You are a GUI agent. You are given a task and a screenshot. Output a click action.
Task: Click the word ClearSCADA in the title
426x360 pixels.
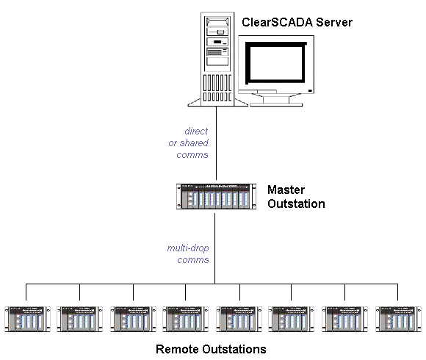pos(277,22)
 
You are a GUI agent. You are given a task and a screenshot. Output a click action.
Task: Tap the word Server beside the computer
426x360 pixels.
pos(334,22)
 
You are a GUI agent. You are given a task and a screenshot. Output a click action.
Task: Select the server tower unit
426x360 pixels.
pos(217,59)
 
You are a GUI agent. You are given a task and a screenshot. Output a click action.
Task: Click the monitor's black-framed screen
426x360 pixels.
pos(276,63)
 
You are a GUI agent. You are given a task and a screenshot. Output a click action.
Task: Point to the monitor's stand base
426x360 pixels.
pos(276,104)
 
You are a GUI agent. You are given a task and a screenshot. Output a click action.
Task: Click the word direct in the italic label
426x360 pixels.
pos(196,132)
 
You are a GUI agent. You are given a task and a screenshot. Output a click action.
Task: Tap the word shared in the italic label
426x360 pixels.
pos(194,143)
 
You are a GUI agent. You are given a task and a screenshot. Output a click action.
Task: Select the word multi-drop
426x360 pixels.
pos(188,248)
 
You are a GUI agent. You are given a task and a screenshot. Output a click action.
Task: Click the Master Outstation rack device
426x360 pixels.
pos(216,196)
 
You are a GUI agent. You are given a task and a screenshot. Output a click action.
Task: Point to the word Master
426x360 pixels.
pos(286,190)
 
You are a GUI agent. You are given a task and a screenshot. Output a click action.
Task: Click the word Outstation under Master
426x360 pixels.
pos(296,204)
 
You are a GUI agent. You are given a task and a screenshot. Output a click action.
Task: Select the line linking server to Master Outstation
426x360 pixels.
pos(216,143)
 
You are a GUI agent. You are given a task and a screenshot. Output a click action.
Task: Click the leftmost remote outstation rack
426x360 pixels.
pos(27,319)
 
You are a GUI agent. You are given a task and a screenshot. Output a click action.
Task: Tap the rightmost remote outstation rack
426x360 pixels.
pos(398,319)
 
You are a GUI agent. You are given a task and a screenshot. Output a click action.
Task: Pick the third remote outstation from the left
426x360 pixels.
pos(134,319)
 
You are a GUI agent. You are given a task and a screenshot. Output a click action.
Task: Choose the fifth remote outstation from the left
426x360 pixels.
pos(239,319)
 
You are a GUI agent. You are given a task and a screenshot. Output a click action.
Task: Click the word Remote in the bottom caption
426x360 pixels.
pos(177,349)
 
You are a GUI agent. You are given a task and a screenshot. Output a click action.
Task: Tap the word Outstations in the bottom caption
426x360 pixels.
pos(234,349)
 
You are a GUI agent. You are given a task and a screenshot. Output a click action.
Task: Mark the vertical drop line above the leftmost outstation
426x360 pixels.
pos(26,292)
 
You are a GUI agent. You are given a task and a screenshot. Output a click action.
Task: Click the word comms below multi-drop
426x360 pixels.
pos(193,260)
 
